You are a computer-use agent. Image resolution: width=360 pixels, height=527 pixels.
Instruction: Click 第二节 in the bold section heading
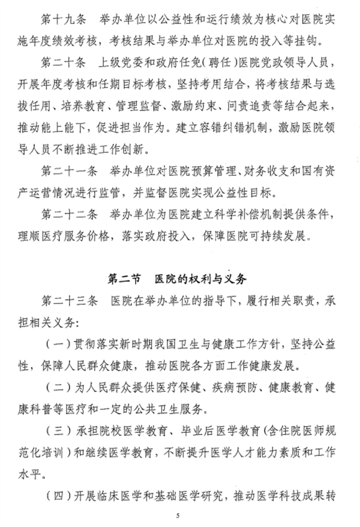click(123, 279)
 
